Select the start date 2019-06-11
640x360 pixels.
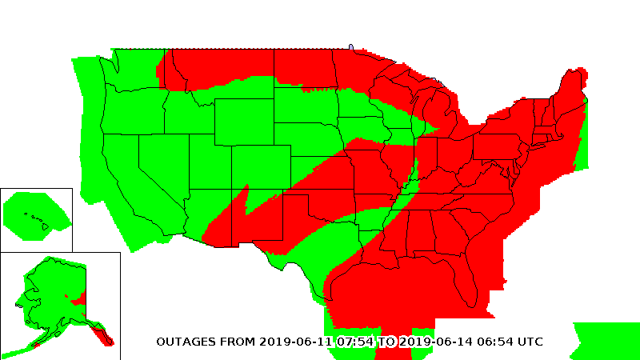[x=294, y=342]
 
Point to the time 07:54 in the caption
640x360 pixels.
[x=356, y=342]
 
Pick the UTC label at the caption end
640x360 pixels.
[x=531, y=342]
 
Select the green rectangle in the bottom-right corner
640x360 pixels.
[x=606, y=340]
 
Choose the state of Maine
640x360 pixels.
[x=574, y=88]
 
